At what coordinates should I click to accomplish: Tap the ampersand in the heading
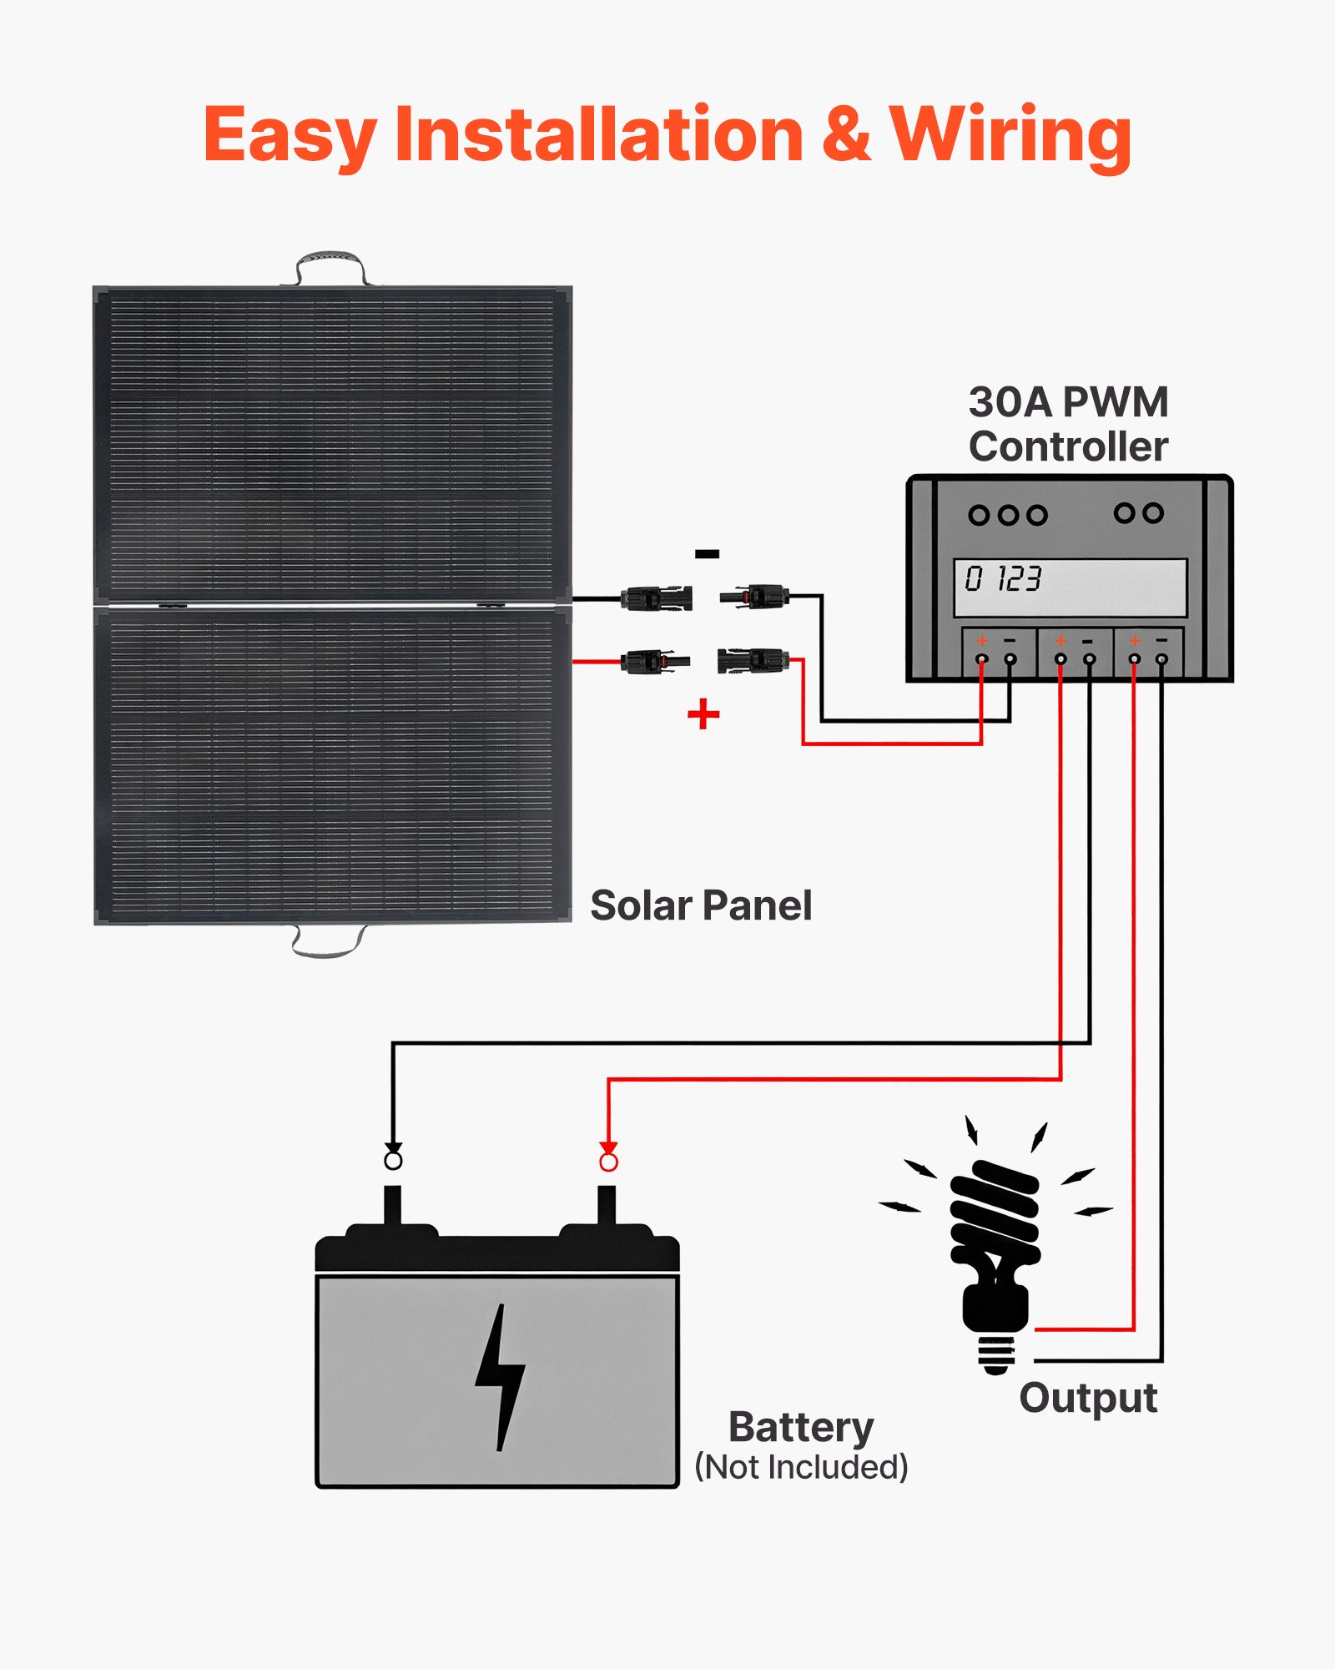[x=846, y=135]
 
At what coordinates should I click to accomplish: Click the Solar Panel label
[x=701, y=905]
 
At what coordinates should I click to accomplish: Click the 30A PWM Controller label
[x=1068, y=424]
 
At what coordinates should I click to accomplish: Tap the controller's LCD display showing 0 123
[x=1070, y=587]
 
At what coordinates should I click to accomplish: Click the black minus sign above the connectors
[x=707, y=553]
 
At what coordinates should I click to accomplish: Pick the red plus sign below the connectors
[x=703, y=714]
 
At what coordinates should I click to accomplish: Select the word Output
[x=1088, y=1398]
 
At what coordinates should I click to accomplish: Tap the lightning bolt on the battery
[x=500, y=1377]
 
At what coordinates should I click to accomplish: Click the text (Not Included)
[x=801, y=1466]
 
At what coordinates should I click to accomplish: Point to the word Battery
[x=801, y=1427]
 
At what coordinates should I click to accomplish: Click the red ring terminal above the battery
[x=609, y=1162]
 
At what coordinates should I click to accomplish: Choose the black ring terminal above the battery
[x=393, y=1160]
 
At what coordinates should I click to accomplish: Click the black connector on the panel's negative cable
[x=656, y=598]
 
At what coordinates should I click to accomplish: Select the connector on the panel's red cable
[x=655, y=662]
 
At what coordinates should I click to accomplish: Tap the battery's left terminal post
[x=392, y=1206]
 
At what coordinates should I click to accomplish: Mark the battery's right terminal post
[x=607, y=1206]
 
